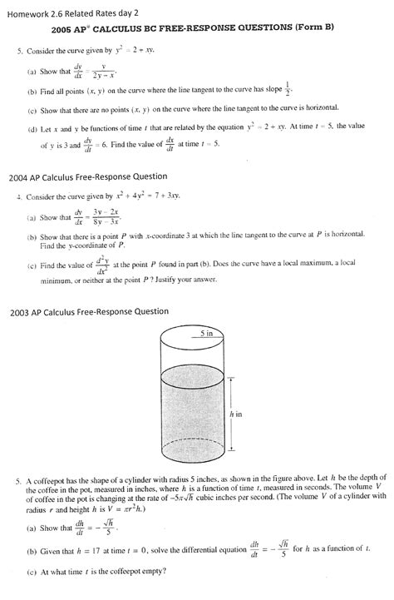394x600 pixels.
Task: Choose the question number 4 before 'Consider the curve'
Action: click(18, 198)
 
